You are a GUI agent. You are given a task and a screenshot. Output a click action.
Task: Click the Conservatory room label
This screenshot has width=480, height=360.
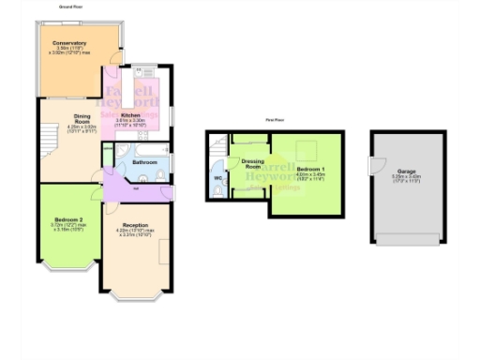[x=70, y=43]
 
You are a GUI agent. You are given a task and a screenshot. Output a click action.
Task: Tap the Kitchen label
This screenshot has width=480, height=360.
[x=131, y=113]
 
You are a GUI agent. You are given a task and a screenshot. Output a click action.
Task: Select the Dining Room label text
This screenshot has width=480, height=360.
[x=82, y=118]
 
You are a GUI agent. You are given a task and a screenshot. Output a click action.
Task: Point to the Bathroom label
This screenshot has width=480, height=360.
[x=144, y=161]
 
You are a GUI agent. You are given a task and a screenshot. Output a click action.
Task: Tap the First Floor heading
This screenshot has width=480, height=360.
[x=275, y=120]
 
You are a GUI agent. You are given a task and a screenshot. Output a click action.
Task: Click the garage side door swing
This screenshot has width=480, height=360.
[x=375, y=167]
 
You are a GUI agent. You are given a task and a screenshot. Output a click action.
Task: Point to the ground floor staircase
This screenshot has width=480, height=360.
[x=47, y=143]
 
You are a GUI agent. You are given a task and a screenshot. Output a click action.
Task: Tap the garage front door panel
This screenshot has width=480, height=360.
[x=405, y=239]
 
